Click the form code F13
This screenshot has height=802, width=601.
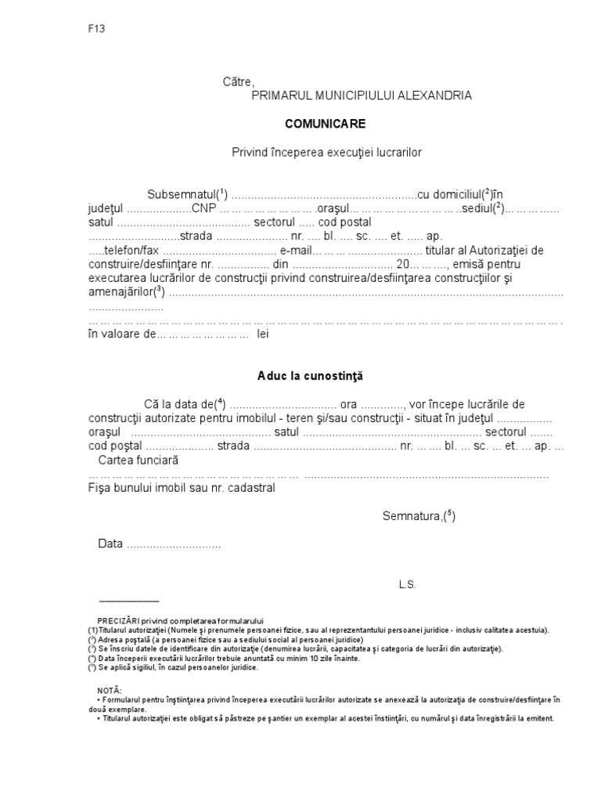(96, 29)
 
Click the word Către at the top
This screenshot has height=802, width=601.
(239, 81)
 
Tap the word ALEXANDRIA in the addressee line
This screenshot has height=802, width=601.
(434, 96)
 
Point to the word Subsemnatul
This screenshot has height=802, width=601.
(182, 194)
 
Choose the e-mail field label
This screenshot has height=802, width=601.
(297, 251)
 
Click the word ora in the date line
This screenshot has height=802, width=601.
(349, 404)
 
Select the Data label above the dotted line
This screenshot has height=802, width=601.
(110, 544)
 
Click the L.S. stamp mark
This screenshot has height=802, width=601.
(407, 584)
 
